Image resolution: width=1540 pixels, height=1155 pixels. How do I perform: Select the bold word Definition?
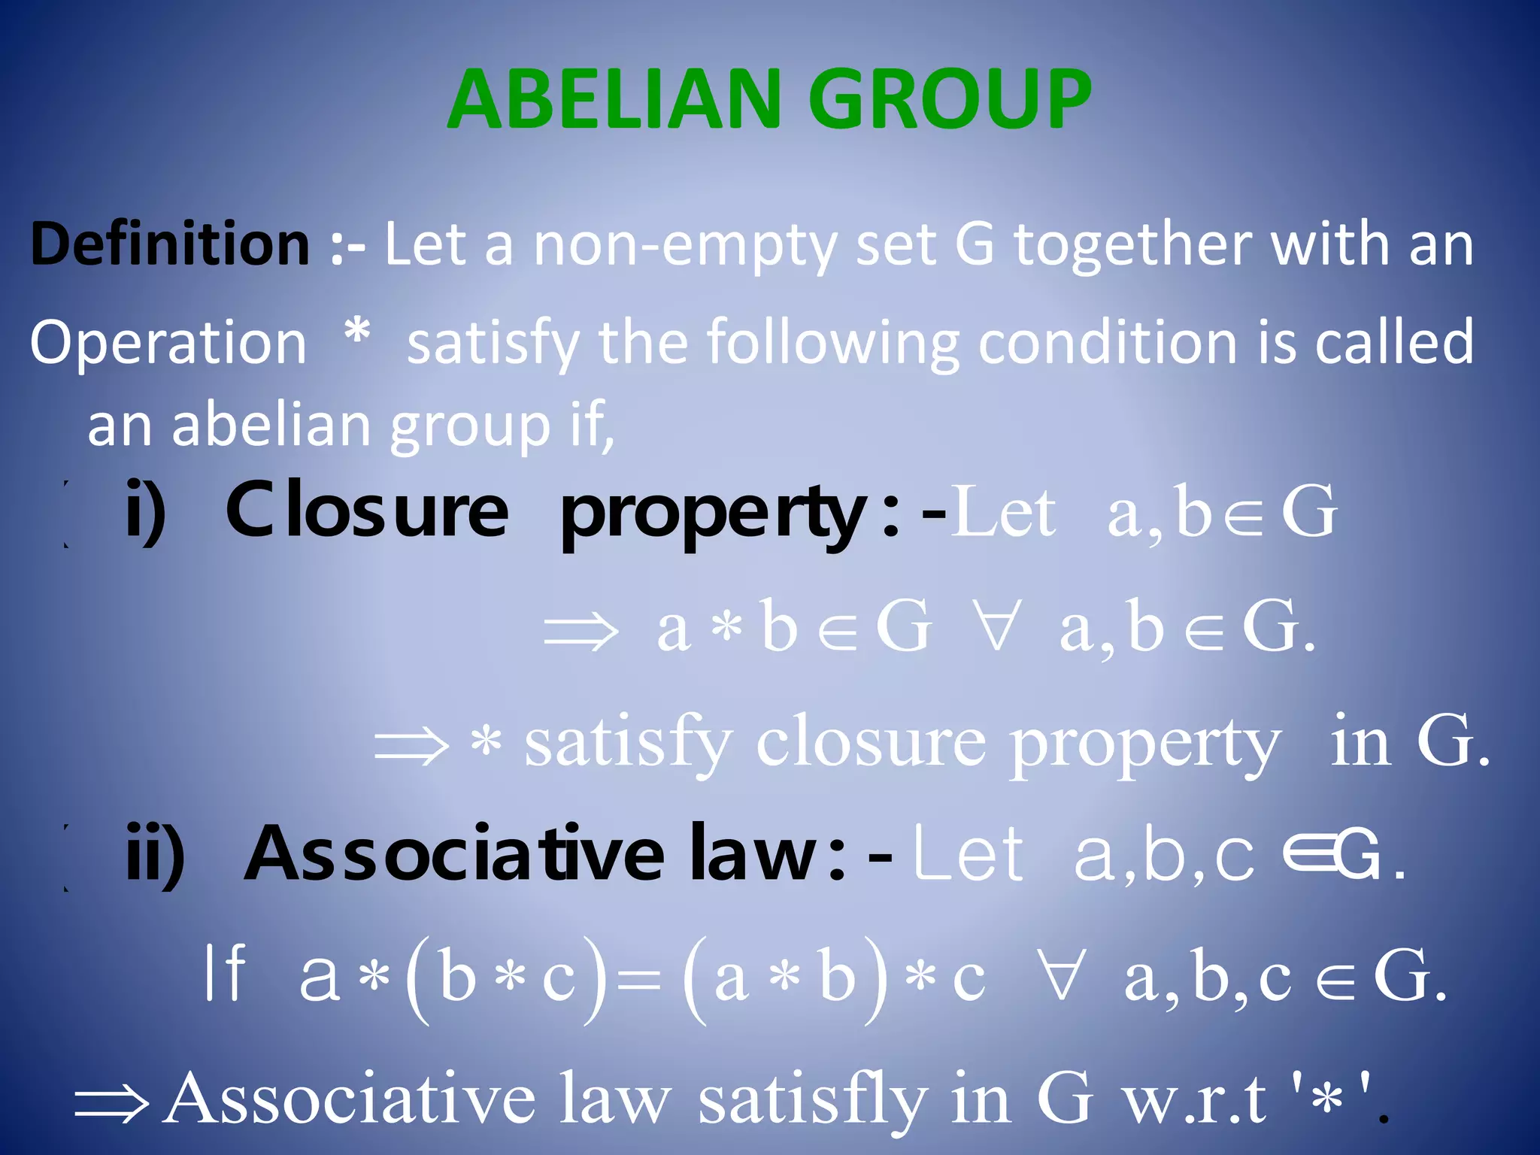tap(170, 244)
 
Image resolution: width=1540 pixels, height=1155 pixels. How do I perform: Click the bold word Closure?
tap(368, 511)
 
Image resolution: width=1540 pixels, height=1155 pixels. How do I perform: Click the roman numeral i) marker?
tap(146, 511)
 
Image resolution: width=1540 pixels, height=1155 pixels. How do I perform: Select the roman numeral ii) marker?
tap(155, 853)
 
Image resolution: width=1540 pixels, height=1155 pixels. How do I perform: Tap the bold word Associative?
tap(454, 853)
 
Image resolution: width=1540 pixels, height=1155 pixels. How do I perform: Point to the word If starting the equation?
tap(225, 973)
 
